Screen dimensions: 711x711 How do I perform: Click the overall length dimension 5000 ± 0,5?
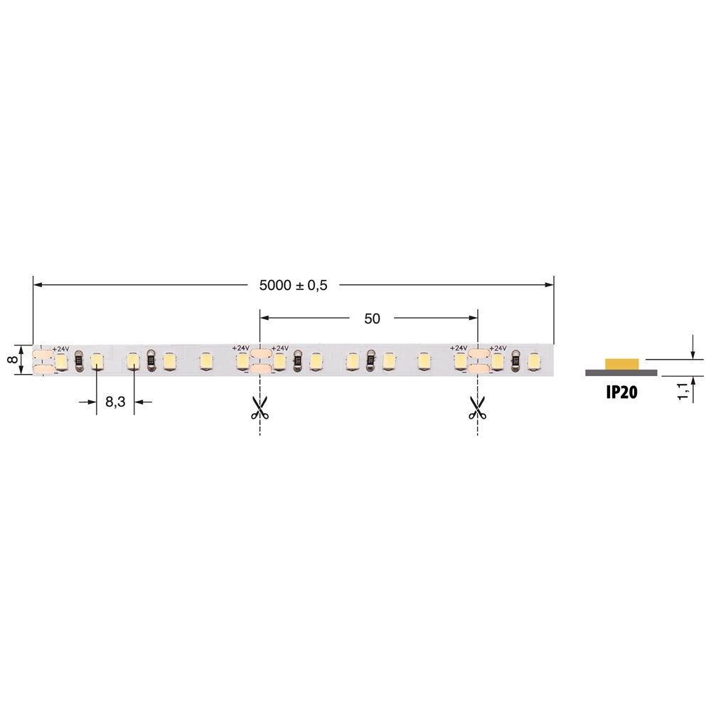(293, 285)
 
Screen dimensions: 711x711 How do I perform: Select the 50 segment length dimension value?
(372, 319)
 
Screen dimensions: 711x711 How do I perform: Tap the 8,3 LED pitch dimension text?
(115, 402)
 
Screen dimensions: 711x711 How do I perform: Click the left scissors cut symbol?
(259, 407)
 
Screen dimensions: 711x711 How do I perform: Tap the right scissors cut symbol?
(476, 407)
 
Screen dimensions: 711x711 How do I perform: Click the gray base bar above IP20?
(620, 373)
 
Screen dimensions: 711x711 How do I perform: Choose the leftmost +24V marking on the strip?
(61, 348)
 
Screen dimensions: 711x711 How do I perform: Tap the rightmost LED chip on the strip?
(533, 362)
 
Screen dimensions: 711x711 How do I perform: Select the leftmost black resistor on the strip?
(79, 362)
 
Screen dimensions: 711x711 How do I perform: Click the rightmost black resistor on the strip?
(515, 362)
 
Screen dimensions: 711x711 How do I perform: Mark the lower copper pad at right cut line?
(477, 368)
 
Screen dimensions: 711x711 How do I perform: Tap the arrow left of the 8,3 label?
(92, 402)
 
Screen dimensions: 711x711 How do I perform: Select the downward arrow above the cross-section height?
(693, 353)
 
